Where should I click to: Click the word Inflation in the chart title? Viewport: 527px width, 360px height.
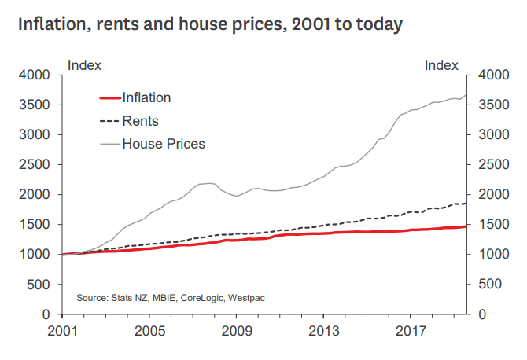[50, 24]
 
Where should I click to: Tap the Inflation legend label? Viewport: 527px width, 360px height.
[146, 97]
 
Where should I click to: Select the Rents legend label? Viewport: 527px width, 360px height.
[141, 121]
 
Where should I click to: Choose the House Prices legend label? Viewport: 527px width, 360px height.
[164, 144]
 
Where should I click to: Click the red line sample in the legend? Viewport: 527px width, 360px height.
[109, 98]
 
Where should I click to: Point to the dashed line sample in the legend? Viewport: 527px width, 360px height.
[109, 121]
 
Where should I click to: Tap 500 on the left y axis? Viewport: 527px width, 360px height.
[40, 285]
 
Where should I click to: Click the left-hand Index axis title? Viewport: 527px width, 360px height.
[84, 65]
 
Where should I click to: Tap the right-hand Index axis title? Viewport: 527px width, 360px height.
[441, 65]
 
